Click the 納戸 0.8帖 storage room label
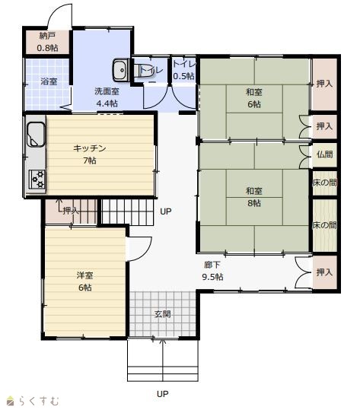click(47, 42)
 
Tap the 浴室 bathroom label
click(49, 81)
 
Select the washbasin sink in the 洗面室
click(120, 70)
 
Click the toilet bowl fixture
click(142, 70)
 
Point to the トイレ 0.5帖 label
click(184, 70)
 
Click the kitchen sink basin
click(36, 134)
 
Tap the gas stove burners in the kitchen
click(37, 180)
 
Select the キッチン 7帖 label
click(90, 154)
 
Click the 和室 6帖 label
click(253, 98)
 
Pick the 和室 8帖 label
click(253, 197)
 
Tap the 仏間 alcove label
click(324, 154)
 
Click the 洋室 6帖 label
click(85, 281)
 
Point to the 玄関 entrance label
click(163, 313)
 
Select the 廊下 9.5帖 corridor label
click(212, 271)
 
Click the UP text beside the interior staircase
click(166, 211)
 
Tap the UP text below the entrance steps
click(162, 393)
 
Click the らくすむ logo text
click(39, 401)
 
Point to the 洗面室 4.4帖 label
click(107, 97)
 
